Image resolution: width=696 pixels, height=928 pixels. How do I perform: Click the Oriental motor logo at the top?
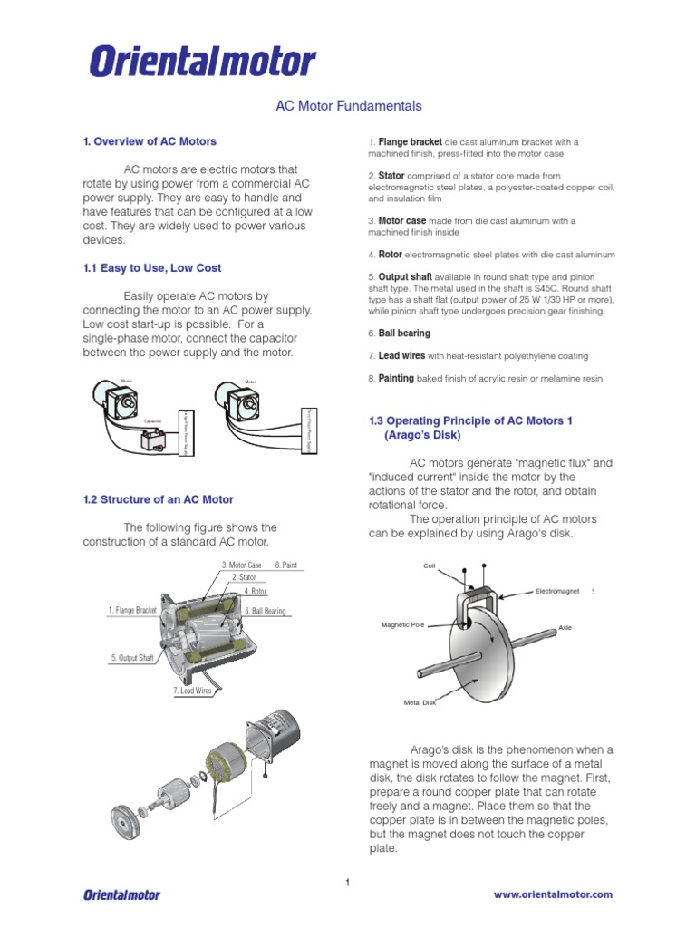pyautogui.click(x=201, y=63)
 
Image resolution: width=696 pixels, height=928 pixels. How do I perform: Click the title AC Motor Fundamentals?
pyautogui.click(x=348, y=106)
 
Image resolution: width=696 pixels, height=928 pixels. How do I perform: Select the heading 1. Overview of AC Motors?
pyautogui.click(x=150, y=141)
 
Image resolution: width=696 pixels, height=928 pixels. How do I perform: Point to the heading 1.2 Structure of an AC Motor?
pyautogui.click(x=158, y=499)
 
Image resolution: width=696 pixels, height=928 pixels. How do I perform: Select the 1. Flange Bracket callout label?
pyautogui.click(x=132, y=611)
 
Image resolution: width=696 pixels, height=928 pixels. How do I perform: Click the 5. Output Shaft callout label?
pyautogui.click(x=132, y=658)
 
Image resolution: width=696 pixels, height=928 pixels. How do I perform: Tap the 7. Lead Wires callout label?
pyautogui.click(x=192, y=691)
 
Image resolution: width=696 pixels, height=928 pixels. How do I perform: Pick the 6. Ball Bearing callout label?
pyautogui.click(x=265, y=611)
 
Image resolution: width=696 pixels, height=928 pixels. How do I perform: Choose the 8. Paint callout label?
pyautogui.click(x=285, y=565)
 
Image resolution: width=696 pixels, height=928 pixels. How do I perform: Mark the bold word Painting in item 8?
pyautogui.click(x=396, y=378)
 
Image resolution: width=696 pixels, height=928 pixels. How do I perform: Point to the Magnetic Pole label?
pyautogui.click(x=403, y=625)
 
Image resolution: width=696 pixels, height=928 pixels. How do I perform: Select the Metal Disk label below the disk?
pyautogui.click(x=420, y=702)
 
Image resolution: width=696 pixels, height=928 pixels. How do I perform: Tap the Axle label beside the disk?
pyautogui.click(x=565, y=627)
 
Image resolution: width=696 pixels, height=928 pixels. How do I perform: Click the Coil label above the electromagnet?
pyautogui.click(x=430, y=565)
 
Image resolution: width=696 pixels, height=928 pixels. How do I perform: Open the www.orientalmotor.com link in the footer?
pyautogui.click(x=553, y=894)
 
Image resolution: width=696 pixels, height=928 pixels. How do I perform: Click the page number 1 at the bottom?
pyautogui.click(x=347, y=883)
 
